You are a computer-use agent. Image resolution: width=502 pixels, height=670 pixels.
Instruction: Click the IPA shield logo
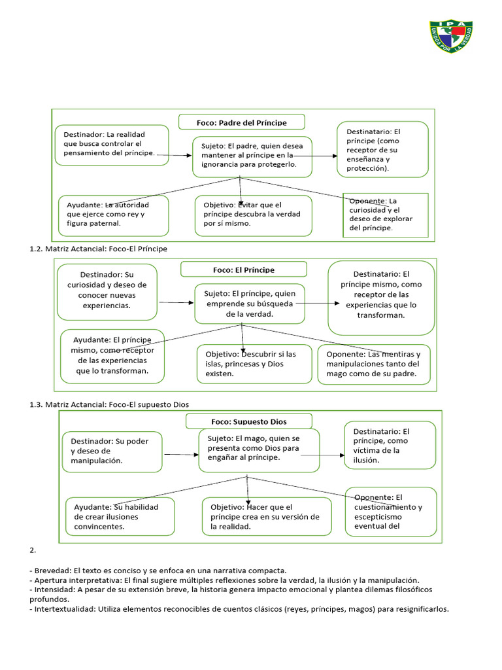451,37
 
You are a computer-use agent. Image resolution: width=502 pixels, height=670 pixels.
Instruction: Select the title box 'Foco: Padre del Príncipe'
242,122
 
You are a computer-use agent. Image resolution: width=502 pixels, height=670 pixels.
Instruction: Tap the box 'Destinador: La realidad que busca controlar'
112,145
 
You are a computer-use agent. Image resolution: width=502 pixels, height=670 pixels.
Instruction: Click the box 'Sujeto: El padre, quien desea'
252,157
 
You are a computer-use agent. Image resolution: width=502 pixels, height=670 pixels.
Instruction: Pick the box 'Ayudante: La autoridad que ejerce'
114,215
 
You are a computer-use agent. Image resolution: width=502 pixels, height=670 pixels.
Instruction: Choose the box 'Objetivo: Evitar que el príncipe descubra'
254,215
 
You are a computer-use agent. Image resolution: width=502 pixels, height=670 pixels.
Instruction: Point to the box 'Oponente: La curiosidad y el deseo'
386,215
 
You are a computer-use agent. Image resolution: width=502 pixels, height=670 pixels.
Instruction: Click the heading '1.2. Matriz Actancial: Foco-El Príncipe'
98,249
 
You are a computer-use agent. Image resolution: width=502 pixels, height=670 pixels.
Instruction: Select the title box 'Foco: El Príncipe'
244,269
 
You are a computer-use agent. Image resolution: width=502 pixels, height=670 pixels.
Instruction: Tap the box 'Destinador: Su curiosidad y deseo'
107,292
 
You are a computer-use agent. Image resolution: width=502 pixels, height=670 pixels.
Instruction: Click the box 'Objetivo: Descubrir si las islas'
254,364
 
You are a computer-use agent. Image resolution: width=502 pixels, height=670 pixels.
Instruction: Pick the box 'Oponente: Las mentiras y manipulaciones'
374,364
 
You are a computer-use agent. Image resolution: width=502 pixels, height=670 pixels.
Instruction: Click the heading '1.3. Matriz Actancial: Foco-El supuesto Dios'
109,404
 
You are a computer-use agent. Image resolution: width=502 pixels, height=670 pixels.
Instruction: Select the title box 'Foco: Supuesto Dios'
249,421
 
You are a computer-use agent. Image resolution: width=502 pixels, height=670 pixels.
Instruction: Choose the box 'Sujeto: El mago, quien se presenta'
259,450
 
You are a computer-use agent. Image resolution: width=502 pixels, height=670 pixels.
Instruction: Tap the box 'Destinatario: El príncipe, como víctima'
390,445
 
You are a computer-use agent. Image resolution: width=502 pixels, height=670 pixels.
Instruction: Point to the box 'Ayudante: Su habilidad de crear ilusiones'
120,517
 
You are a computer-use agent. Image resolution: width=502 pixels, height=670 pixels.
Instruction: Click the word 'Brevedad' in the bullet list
52,571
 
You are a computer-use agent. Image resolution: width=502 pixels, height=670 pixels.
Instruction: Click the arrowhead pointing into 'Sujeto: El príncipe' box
192,303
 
